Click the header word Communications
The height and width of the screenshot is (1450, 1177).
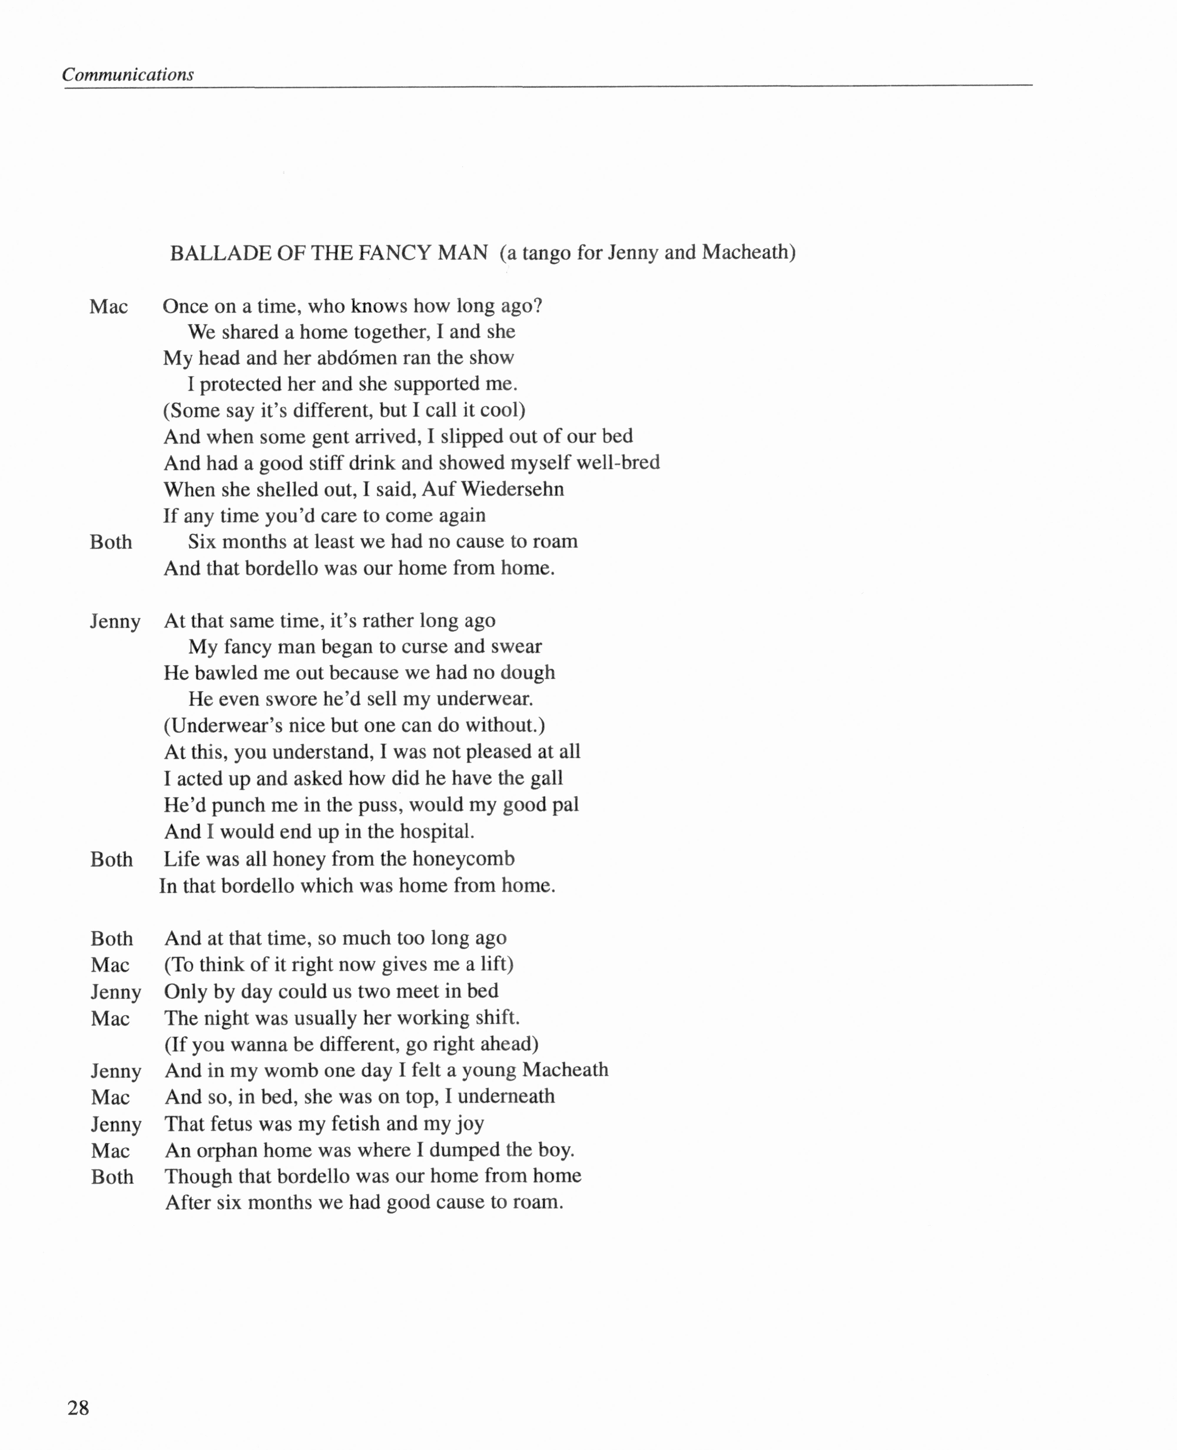click(x=127, y=75)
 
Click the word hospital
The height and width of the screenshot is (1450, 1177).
click(x=437, y=831)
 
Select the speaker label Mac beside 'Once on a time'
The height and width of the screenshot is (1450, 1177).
click(x=108, y=307)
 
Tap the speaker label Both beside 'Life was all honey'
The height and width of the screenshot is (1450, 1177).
click(x=111, y=859)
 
